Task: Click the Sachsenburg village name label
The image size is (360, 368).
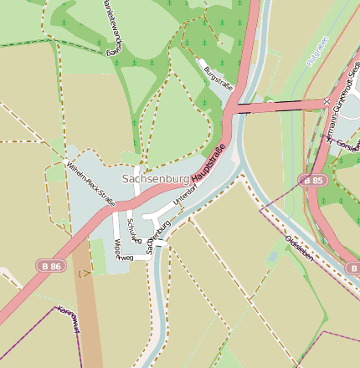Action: (155, 179)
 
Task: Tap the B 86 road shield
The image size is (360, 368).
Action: (50, 265)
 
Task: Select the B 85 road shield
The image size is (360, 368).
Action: (313, 180)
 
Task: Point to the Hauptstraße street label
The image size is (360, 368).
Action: (209, 164)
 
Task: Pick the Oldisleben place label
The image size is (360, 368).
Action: (299, 248)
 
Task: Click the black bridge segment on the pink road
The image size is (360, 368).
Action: (276, 105)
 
